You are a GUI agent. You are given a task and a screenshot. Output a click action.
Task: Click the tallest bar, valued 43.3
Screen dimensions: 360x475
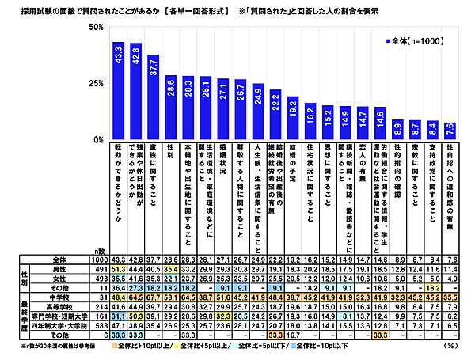click(118, 91)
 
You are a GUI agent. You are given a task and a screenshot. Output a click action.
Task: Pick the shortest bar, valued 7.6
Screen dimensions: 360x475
click(450, 131)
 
